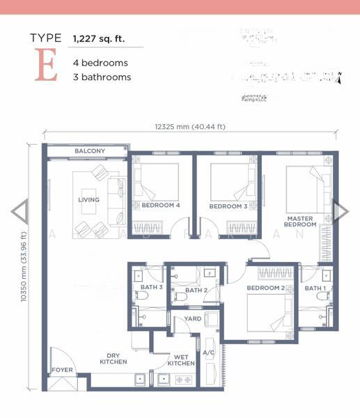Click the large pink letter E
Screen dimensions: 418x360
click(45, 68)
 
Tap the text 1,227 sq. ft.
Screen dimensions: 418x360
click(99, 39)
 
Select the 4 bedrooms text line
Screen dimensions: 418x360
click(100, 63)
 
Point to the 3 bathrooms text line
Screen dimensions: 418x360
click(102, 77)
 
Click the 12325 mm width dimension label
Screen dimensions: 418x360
click(190, 127)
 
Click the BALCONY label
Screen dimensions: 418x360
click(90, 151)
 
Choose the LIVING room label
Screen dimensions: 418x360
click(88, 200)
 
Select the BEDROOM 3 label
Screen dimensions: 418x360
click(228, 206)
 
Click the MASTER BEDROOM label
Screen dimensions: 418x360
click(300, 221)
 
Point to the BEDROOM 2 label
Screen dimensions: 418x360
click(263, 288)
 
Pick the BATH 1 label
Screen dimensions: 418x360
click(315, 288)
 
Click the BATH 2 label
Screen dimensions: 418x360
click(196, 291)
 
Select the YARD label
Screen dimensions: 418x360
click(192, 319)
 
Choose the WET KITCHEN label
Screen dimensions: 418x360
click(181, 360)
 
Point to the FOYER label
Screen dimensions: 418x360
click(61, 370)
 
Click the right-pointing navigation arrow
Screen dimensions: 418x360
click(341, 212)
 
